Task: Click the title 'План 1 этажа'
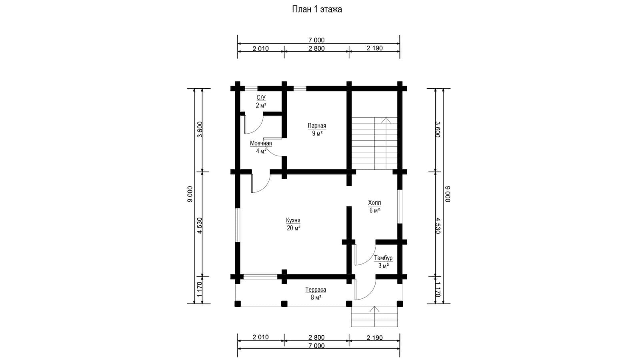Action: (x=317, y=10)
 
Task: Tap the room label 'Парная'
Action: (x=317, y=126)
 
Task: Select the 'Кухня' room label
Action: (x=293, y=220)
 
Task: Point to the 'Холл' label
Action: (x=374, y=202)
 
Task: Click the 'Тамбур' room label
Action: (x=384, y=258)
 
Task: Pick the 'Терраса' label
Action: (x=316, y=290)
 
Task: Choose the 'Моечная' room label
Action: (x=261, y=143)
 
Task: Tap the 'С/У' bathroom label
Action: (x=261, y=98)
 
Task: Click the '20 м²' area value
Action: (x=294, y=228)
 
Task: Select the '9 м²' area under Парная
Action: (x=317, y=134)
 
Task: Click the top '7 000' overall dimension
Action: (x=316, y=40)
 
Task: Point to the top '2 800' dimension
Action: (x=316, y=48)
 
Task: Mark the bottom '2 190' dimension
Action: (x=374, y=338)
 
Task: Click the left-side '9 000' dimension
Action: (x=190, y=194)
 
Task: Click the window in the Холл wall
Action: (x=400, y=206)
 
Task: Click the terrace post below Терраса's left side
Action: (x=238, y=304)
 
